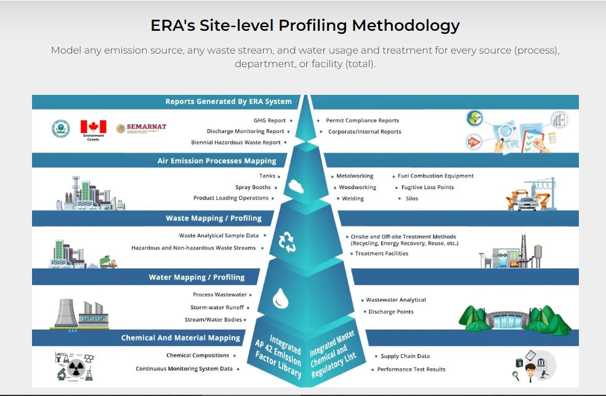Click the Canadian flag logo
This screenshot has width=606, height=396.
pyautogui.click(x=93, y=127)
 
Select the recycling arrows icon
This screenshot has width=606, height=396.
pyautogui.click(x=288, y=241)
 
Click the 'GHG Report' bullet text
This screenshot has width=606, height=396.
pyautogui.click(x=270, y=121)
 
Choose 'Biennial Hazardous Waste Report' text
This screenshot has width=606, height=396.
pyautogui.click(x=235, y=142)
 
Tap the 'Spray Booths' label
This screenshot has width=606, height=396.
pyautogui.click(x=252, y=187)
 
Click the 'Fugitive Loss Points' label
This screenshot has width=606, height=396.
pyautogui.click(x=427, y=187)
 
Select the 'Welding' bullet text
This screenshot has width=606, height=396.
pyautogui.click(x=353, y=198)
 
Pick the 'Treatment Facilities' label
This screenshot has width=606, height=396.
pyautogui.click(x=381, y=253)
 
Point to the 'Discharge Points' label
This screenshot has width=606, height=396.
pyautogui.click(x=391, y=312)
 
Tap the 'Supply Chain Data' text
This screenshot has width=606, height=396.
pyautogui.click(x=405, y=356)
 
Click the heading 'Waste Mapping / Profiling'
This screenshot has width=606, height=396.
pyautogui.click(x=214, y=218)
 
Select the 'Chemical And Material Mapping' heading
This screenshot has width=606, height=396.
pyautogui.click(x=180, y=337)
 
